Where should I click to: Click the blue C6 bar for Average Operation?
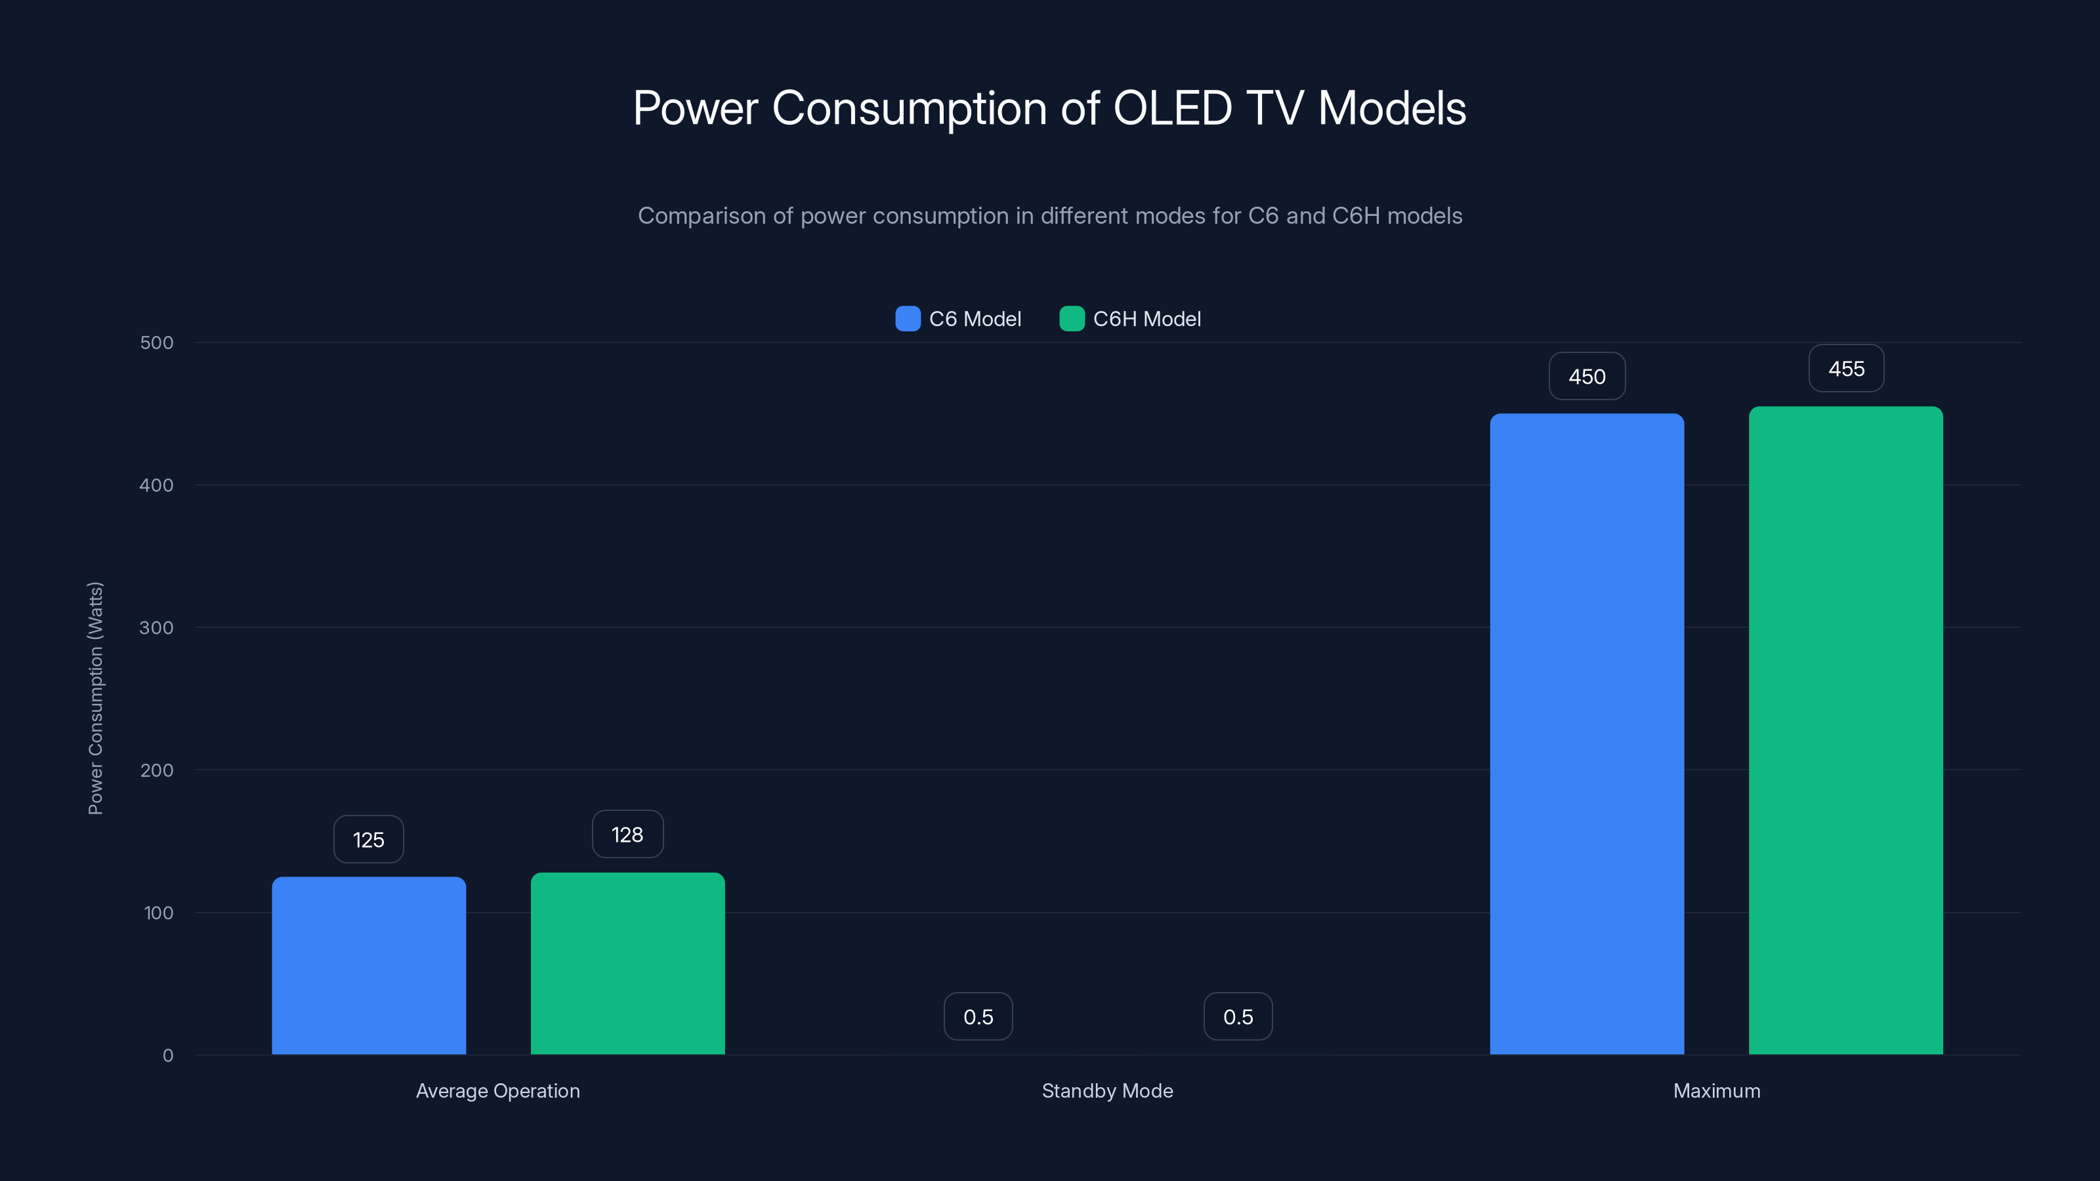coord(368,966)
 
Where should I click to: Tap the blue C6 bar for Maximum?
coord(1586,734)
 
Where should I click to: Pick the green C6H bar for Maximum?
coord(1845,730)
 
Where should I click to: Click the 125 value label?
coord(368,840)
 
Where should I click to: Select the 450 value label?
coord(1586,377)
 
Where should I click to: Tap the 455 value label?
coord(1845,368)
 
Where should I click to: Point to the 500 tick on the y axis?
coord(157,342)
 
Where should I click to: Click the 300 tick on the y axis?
coord(157,628)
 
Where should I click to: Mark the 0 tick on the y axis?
coord(167,1056)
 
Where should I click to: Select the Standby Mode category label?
coord(1107,1090)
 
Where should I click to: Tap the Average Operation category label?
coord(497,1090)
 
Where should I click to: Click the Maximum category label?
coord(1716,1090)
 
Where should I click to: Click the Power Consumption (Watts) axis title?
coord(95,699)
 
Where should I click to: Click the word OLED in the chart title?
coord(1171,108)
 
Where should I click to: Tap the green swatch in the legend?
coord(1071,319)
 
